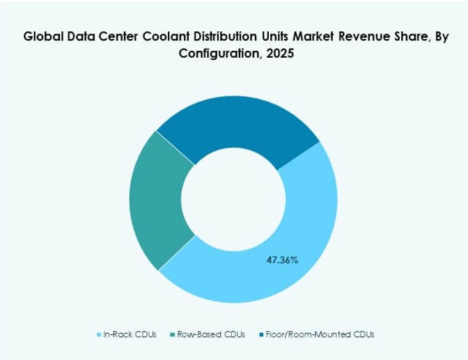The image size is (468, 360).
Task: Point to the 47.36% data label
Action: click(x=282, y=260)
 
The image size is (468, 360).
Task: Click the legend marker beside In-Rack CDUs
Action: click(x=98, y=335)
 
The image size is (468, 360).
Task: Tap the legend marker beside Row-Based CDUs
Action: click(x=173, y=335)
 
